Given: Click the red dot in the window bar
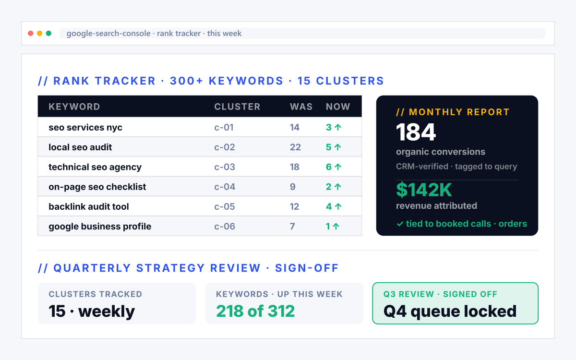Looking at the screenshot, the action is pos(31,34).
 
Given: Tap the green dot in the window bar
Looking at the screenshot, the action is pos(48,34).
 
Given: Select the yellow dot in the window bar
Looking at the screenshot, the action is pos(39,34).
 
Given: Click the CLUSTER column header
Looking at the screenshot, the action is pos(237,107).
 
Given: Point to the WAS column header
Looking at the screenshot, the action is pos(301,107).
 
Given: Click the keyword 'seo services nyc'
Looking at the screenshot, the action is pos(85,128).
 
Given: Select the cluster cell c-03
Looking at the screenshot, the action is pos(225,167).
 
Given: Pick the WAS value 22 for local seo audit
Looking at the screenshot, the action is pos(295,147).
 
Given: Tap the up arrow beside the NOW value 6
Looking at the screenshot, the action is pos(338,167).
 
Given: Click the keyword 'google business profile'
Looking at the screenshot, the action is pos(100,227).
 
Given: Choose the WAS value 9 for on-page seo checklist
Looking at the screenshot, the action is pos(293,187).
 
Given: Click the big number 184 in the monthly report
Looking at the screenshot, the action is pos(416,132).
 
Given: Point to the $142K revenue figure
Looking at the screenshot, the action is pos(424,190).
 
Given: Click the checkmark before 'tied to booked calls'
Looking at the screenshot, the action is pos(399,224).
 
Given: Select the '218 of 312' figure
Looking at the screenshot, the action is pos(255,311).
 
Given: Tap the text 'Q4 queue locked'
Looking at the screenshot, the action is pos(450,312).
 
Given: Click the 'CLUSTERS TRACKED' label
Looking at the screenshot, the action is pos(96,294).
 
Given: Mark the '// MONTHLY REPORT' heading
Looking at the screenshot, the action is pos(453,112).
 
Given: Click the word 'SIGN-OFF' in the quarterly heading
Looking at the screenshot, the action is pos(307,268).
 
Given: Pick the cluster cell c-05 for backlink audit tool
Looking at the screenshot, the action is pos(225,207).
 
